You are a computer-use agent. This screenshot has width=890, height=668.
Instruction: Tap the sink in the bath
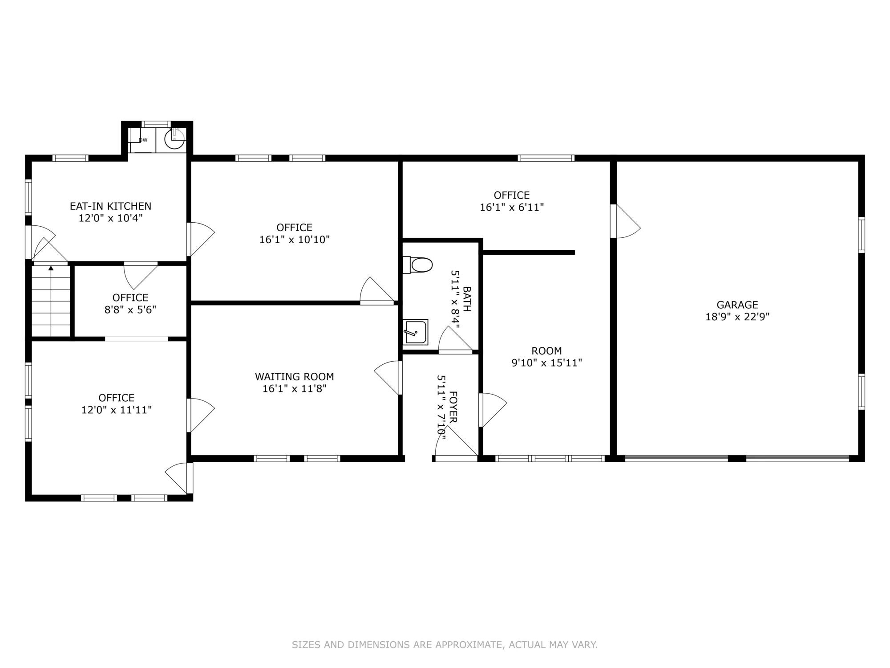(415, 332)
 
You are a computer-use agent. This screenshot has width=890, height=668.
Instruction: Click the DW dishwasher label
(143, 140)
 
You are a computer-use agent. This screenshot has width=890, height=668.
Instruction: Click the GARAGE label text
(737, 305)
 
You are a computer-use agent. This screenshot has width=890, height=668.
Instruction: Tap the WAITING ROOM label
(295, 377)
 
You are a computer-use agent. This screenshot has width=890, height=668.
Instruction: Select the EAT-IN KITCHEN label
(111, 206)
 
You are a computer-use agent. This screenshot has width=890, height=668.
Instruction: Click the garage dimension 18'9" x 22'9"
(737, 317)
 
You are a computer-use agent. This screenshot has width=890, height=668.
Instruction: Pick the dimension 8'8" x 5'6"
(130, 310)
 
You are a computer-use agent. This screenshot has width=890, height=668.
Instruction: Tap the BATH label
(467, 299)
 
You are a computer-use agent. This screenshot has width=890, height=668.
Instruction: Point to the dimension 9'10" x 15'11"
(547, 363)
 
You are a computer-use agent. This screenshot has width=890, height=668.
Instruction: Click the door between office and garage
(625, 221)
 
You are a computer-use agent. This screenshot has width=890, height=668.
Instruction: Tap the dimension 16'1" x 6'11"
(512, 208)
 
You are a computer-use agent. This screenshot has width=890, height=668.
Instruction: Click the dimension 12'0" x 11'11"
(117, 410)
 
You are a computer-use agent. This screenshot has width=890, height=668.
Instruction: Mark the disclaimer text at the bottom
(445, 644)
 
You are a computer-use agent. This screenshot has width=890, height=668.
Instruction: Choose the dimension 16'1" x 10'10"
(295, 240)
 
